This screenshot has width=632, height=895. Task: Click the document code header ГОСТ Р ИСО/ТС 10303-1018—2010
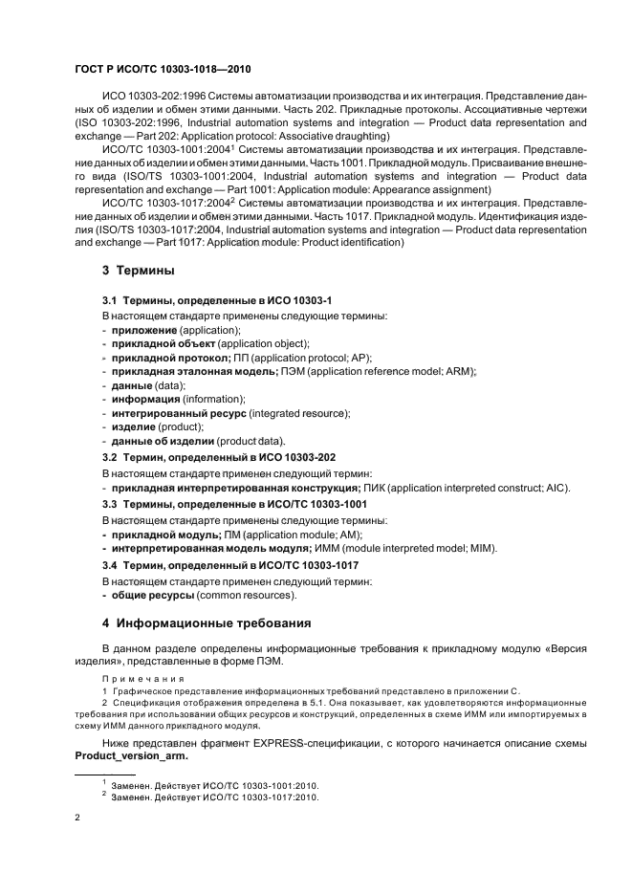coord(163,70)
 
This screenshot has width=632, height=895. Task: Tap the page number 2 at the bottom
coord(77,816)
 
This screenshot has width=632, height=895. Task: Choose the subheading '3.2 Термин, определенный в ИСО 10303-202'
coord(219,458)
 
